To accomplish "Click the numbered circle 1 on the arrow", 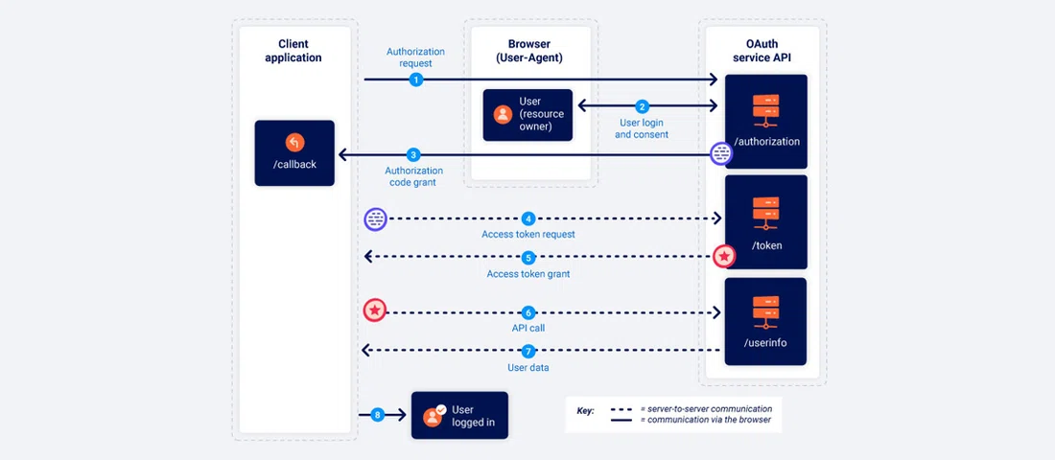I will point(415,80).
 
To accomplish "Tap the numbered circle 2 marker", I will point(643,106).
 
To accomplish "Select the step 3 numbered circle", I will point(413,154).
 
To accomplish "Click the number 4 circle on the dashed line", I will point(527,218).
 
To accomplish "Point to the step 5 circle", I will point(527,258).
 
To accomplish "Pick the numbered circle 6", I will point(527,312).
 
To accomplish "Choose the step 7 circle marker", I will point(527,352).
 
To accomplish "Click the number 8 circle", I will point(377,415).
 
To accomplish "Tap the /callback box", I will point(294,152).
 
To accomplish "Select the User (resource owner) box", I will point(527,115).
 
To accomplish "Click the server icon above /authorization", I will point(765,110).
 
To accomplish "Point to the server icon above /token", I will point(765,212).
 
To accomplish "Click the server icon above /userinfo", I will point(765,313).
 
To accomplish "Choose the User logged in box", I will point(459,415).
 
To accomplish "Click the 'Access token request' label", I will point(527,235).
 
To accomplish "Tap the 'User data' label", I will point(527,367).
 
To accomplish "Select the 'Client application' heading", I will point(294,51).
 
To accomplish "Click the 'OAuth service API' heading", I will point(765,51).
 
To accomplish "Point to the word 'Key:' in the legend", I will point(585,410).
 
